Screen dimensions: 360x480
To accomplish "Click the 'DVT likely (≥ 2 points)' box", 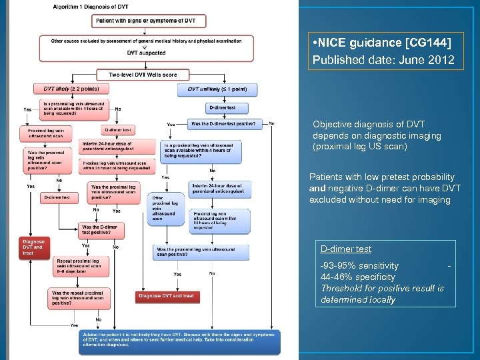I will click(x=72, y=89).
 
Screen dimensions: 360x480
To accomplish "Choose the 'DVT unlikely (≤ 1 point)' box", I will click(x=217, y=89).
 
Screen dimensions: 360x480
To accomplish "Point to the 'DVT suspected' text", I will click(x=147, y=52).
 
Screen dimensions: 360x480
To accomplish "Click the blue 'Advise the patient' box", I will click(x=179, y=341).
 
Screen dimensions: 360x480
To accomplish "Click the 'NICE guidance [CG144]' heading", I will click(x=381, y=43).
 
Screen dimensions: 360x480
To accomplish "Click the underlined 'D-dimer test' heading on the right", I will click(x=345, y=249).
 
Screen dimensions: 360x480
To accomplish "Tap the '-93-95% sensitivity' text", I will click(x=359, y=265).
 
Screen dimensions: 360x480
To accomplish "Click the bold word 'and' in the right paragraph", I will click(x=317, y=189).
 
